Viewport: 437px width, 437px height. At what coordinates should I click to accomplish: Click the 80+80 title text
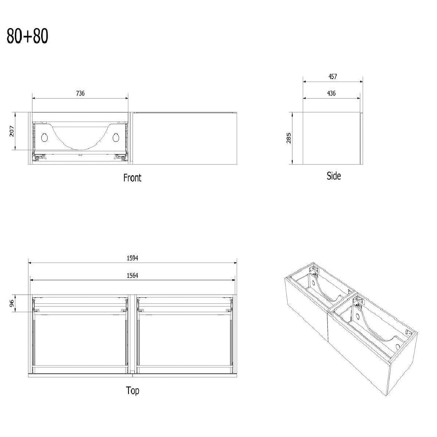coord(27,36)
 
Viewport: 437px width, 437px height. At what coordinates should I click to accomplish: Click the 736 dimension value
coord(80,93)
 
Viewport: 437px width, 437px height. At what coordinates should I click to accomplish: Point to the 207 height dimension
coord(12,131)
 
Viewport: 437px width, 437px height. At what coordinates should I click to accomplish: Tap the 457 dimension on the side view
coord(333,76)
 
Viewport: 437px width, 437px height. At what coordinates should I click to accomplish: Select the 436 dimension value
coord(331,93)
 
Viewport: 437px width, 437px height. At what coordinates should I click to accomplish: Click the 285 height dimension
coord(289,138)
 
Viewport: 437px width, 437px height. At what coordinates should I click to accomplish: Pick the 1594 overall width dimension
coord(133,258)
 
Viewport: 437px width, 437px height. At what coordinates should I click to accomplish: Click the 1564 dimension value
coord(133,276)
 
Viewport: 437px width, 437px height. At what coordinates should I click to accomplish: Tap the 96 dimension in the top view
coord(12,303)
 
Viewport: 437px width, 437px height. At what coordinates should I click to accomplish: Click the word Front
coord(133,178)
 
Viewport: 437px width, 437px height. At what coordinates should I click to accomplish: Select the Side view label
coord(334,176)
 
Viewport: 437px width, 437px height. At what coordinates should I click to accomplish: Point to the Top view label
coord(133,390)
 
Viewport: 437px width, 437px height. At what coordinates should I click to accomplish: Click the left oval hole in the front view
coord(44,138)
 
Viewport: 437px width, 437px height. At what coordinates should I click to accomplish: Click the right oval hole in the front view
coord(116,138)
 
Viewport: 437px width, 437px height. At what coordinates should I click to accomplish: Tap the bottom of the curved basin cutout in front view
coord(80,149)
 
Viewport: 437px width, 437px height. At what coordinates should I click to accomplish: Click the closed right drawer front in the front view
coord(185,138)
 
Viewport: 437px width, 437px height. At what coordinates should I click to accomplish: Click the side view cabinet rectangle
coord(331,138)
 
